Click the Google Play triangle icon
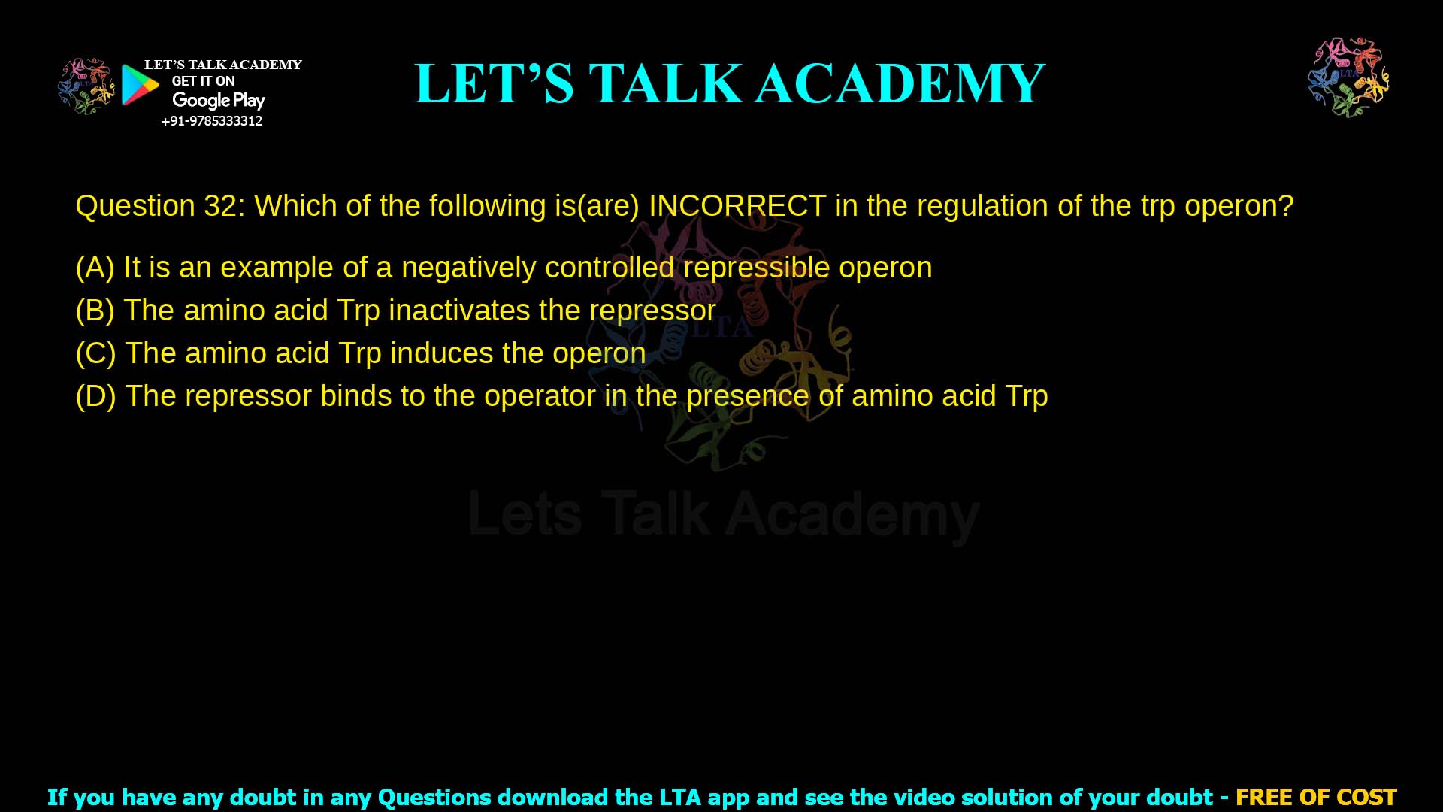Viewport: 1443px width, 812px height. tap(140, 85)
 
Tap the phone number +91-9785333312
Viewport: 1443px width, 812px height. tap(212, 121)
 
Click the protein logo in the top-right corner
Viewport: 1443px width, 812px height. tap(1348, 77)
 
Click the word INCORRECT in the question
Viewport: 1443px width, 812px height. tap(737, 206)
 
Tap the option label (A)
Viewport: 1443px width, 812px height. tap(95, 268)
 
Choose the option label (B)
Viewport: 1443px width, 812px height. tap(95, 311)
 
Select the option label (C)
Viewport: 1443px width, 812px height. tap(95, 353)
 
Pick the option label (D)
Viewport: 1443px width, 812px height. tap(95, 396)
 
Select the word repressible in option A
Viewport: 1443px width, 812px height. tap(756, 268)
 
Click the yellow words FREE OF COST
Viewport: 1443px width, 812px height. tap(1315, 797)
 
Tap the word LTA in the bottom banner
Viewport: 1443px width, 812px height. tap(680, 797)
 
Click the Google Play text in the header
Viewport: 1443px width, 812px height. tap(218, 101)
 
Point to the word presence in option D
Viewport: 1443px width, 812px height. tap(747, 396)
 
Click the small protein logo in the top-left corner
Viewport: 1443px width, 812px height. tap(86, 86)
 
